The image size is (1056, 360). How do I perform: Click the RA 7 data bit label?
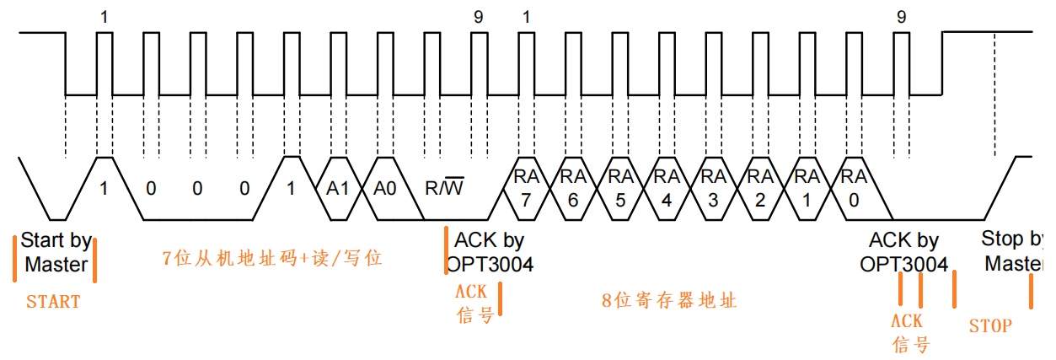pos(527,189)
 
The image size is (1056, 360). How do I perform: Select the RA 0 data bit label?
pos(854,189)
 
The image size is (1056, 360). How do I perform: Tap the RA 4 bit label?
pos(667,189)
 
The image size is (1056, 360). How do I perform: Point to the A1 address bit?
pos(338,189)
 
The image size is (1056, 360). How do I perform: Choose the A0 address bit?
pos(385,189)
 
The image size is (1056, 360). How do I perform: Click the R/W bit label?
pos(443,188)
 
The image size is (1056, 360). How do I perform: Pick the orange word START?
pos(53,302)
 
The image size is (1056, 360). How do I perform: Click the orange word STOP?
pos(990,325)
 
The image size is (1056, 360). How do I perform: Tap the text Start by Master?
pos(56,252)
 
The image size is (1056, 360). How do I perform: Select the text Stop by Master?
pos(1013,251)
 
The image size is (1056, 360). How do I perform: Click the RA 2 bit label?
pos(760,189)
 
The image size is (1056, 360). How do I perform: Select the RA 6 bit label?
pos(573,189)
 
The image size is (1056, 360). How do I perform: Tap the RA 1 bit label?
pos(807,189)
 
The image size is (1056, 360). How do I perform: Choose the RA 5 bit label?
pos(620,189)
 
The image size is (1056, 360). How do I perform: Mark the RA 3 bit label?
pos(714,189)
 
